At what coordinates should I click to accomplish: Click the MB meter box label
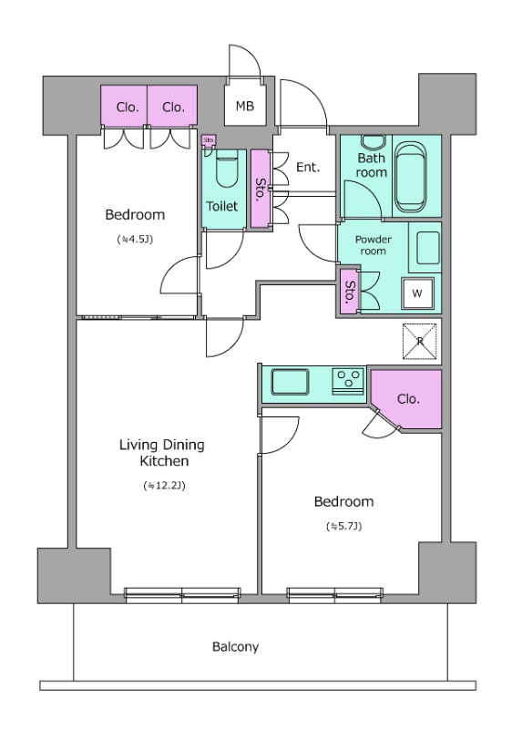point(244,106)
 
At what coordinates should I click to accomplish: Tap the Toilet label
point(221,206)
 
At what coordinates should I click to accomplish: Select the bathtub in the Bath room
point(411,177)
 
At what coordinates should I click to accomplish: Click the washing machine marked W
point(417,293)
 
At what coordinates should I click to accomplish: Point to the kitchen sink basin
point(290,383)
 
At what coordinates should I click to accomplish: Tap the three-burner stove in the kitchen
point(348,382)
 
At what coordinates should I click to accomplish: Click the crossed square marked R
point(420,341)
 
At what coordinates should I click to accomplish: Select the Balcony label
point(235,647)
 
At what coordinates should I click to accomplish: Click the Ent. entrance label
point(308,167)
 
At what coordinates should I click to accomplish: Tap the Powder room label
point(374,245)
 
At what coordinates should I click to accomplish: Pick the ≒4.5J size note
point(135,240)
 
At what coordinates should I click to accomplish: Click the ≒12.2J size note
point(165,486)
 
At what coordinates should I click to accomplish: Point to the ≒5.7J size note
point(344,527)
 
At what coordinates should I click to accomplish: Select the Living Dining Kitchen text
point(162,453)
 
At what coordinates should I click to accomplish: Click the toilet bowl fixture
point(228,169)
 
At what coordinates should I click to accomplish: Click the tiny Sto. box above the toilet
point(209,140)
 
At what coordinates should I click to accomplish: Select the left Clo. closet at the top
point(125,106)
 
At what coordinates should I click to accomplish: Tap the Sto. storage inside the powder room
point(350,292)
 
